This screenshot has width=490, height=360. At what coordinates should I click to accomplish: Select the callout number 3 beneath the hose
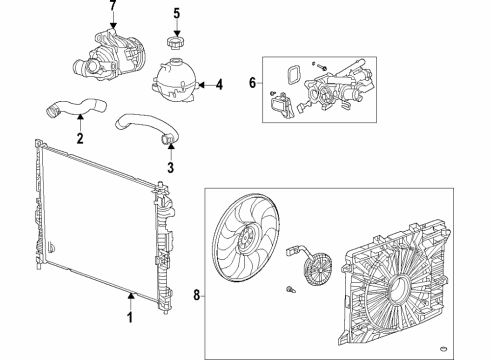click(170, 166)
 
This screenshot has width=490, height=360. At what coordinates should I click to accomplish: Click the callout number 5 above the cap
click(175, 14)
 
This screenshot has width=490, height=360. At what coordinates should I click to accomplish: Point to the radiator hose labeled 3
click(145, 128)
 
